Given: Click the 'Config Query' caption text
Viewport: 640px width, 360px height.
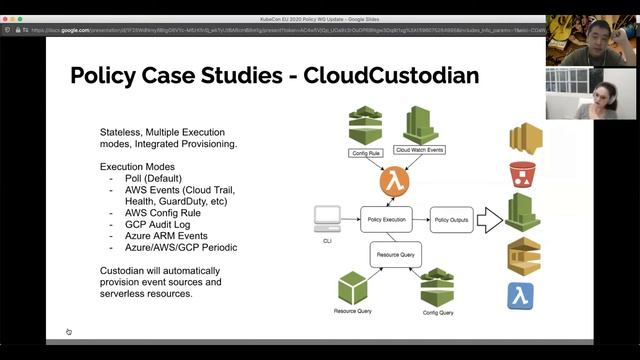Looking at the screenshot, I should tap(438, 312).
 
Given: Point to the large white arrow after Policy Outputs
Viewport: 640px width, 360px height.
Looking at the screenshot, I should tap(490, 217).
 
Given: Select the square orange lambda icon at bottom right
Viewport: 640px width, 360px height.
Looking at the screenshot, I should tap(522, 297).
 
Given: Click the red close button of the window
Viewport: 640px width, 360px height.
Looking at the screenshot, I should tap(8, 6).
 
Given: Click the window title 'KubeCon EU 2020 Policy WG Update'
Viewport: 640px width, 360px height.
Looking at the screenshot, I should tap(320, 6).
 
